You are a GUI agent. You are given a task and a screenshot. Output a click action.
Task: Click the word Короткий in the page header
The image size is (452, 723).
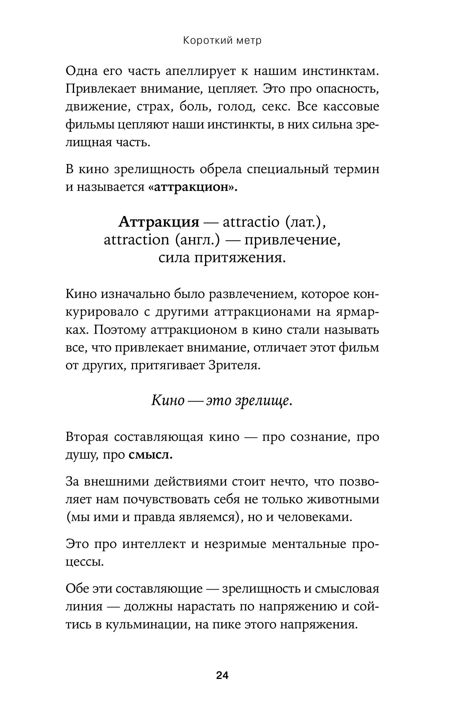pos(204,41)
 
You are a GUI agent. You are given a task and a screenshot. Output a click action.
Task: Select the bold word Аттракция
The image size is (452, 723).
pos(159,222)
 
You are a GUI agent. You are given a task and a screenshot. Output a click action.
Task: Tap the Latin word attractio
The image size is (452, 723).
pos(251,222)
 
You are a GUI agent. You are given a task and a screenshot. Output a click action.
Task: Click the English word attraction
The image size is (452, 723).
pos(136,240)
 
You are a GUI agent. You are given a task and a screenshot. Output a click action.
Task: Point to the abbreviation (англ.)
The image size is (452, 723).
pos(197,240)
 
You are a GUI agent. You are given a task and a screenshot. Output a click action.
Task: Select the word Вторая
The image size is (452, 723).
pos(87,437)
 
